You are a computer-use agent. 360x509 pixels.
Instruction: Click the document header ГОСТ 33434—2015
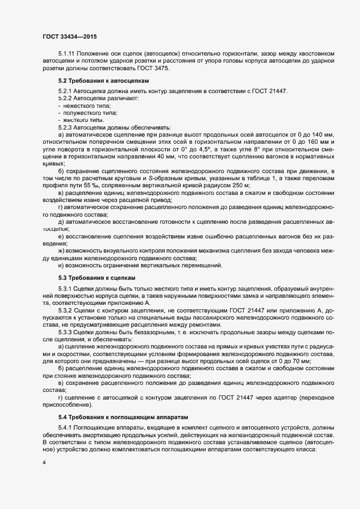[x=70, y=36]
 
